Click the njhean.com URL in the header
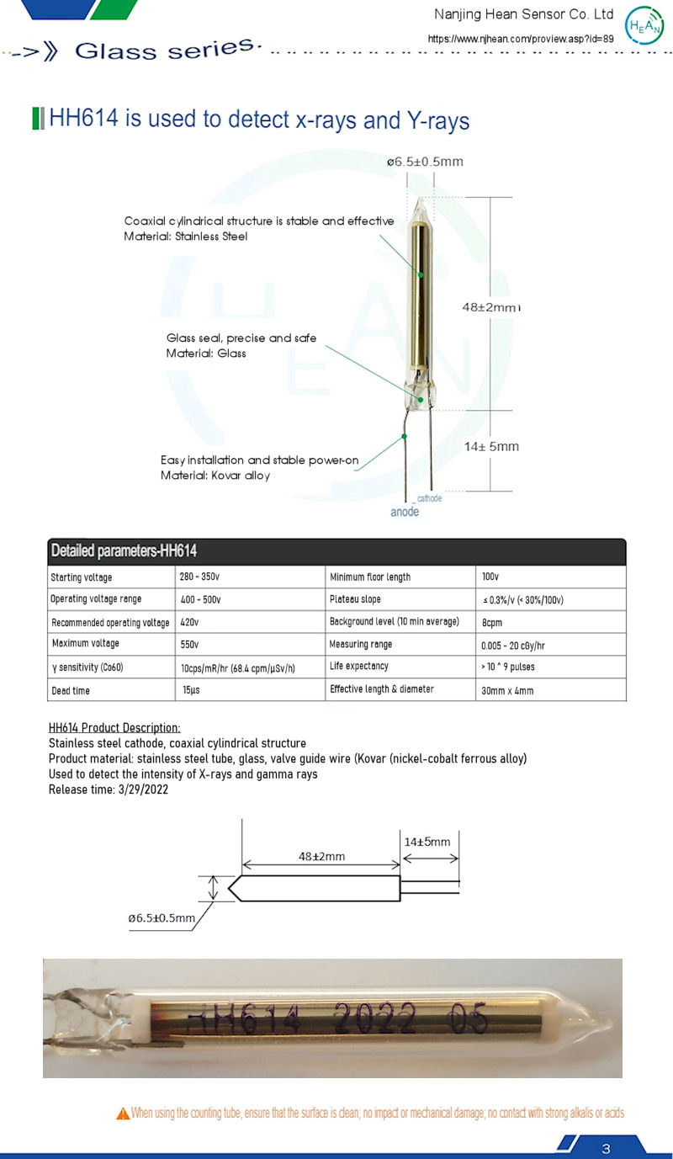(x=521, y=39)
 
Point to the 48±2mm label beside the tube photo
(x=491, y=307)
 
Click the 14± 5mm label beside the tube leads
(x=492, y=446)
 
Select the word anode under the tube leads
(x=405, y=512)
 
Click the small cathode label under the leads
(x=429, y=499)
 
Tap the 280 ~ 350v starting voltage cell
(x=200, y=577)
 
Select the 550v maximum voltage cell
(x=189, y=644)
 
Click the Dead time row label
(x=71, y=690)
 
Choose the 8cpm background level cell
(x=492, y=622)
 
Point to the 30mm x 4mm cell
(x=508, y=690)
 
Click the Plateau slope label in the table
(x=355, y=599)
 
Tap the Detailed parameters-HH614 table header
(x=124, y=551)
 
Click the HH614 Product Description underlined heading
(x=114, y=727)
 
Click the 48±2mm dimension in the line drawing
(x=321, y=856)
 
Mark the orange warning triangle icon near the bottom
(x=124, y=1114)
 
